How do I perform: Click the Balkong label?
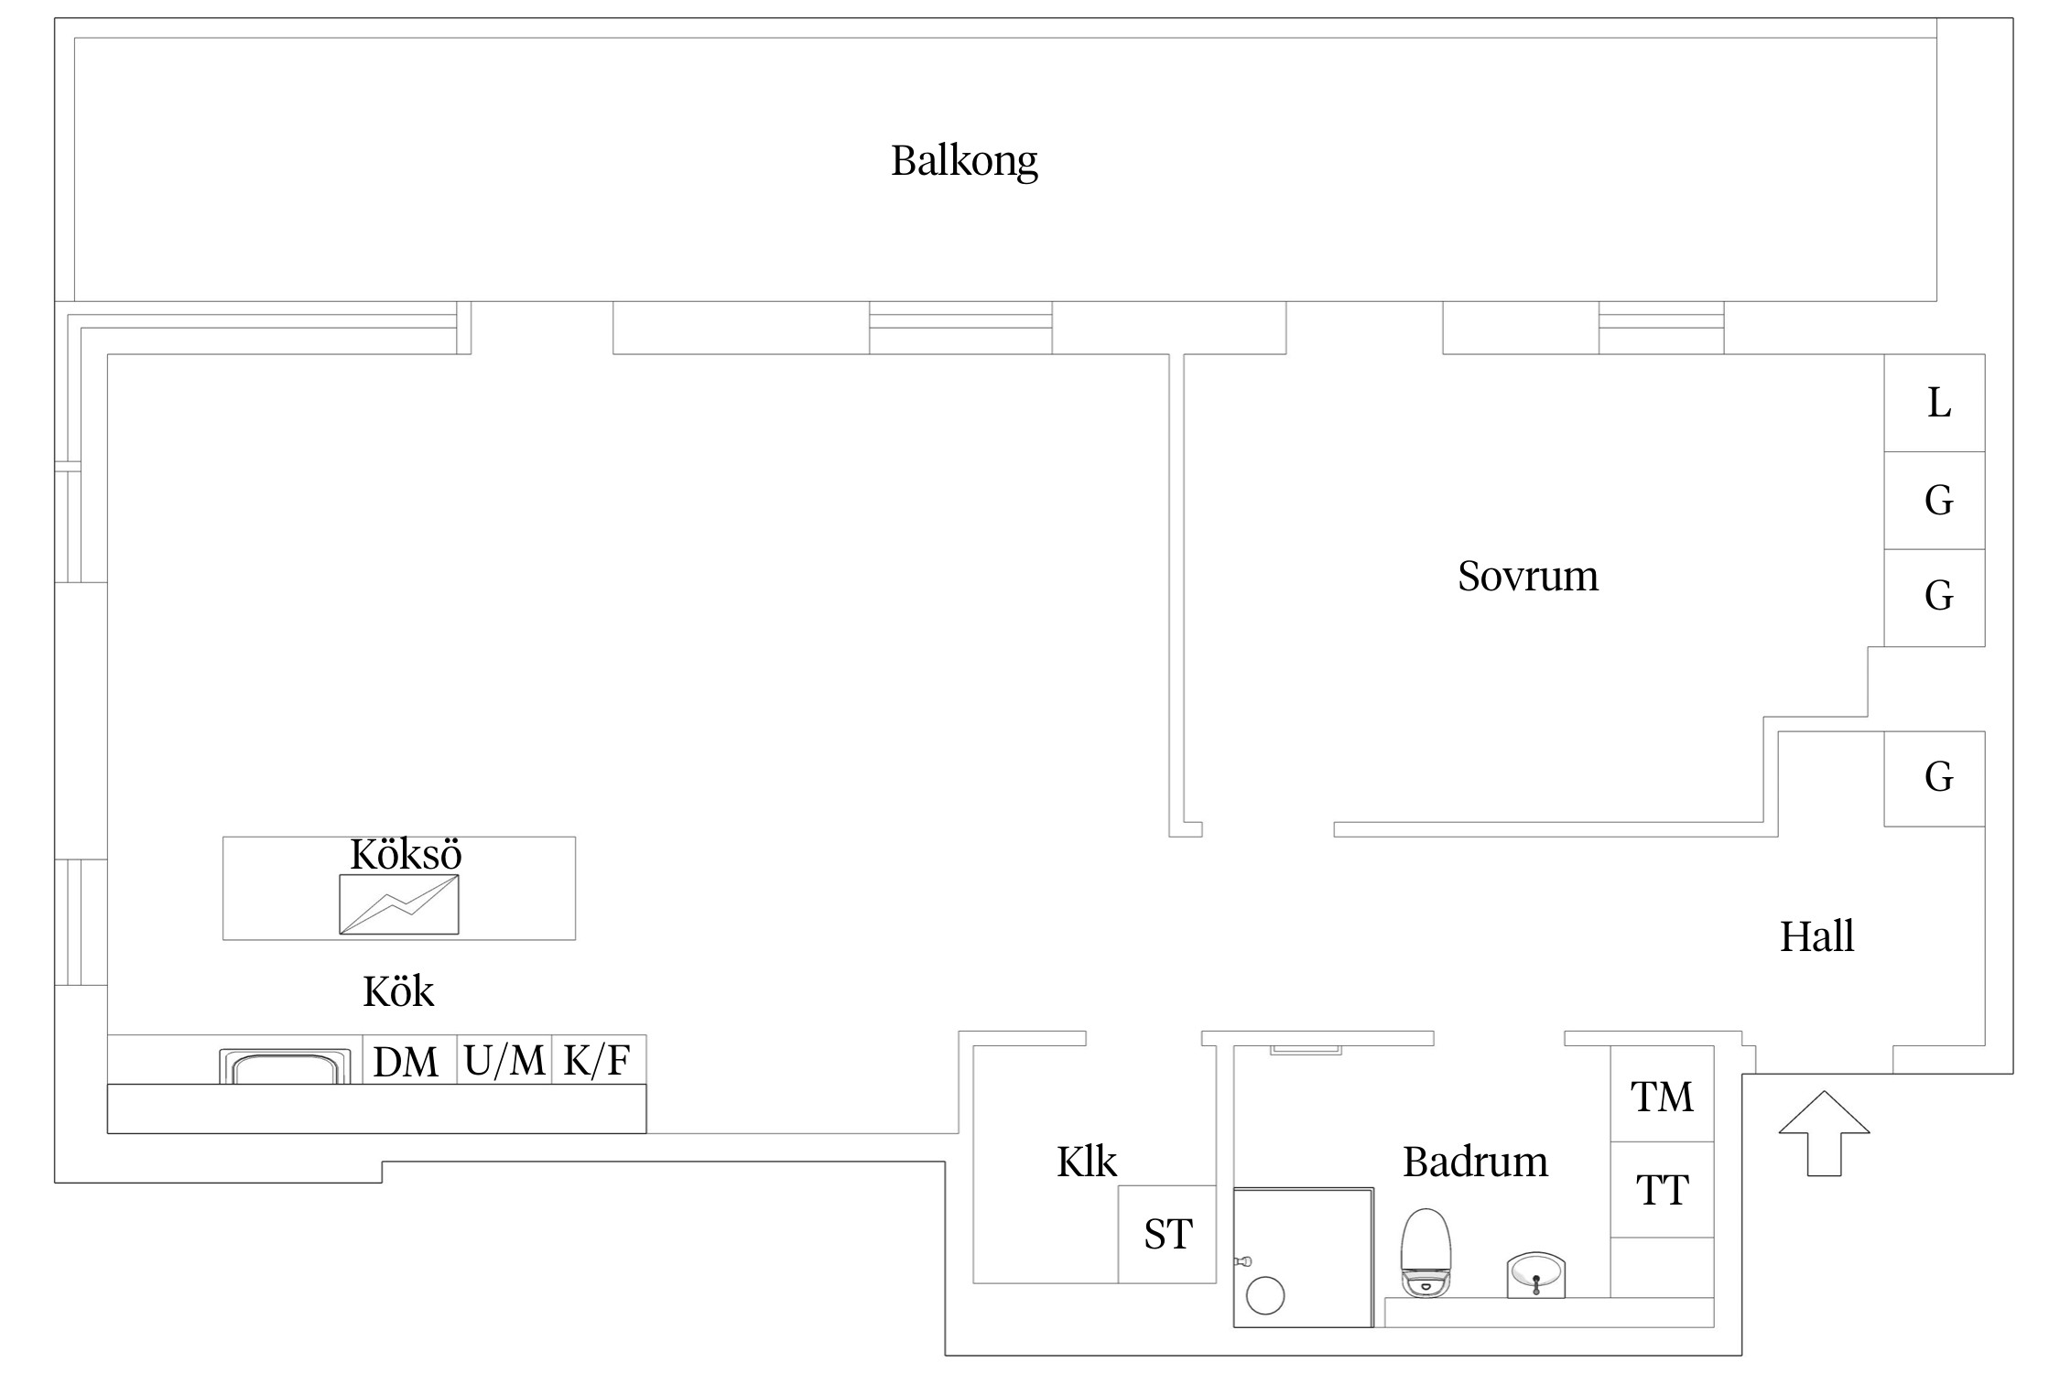pos(964,161)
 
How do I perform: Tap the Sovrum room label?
pos(1528,577)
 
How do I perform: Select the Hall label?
pos(1816,936)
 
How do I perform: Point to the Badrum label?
pos(1475,1162)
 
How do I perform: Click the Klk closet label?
pos(1087,1162)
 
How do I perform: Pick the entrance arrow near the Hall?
pos(1824,1133)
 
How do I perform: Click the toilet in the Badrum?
pos(1426,1253)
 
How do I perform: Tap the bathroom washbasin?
pos(1536,1275)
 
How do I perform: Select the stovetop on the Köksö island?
pos(399,904)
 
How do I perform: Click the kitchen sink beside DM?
pos(285,1067)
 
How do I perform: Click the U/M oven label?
pos(504,1060)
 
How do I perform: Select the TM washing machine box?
pos(1662,1094)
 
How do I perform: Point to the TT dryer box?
pos(1662,1189)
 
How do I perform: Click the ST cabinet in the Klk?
pos(1167,1234)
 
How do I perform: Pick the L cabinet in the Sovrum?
pos(1935,403)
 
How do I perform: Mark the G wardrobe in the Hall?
pos(1935,778)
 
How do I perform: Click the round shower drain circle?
pos(1265,1296)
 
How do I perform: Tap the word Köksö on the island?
pos(406,855)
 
